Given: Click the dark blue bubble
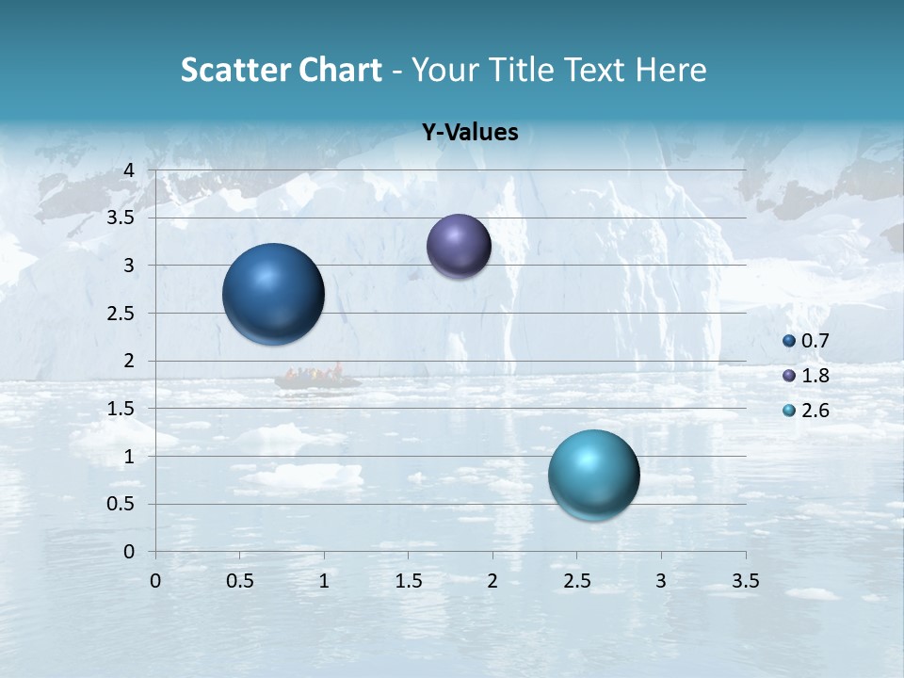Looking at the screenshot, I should click(274, 294).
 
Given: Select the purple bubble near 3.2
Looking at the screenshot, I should click(459, 246).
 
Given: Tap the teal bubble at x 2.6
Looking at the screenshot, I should click(593, 475).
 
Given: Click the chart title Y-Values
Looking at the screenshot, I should click(470, 133).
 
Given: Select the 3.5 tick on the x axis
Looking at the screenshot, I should click(745, 580).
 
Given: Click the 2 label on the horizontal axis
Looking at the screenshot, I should click(492, 580).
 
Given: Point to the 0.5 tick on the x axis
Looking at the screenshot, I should click(240, 580).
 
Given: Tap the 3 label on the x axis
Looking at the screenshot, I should click(661, 580).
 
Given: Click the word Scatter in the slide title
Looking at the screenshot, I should click(234, 70).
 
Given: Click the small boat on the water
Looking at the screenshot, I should click(316, 379).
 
